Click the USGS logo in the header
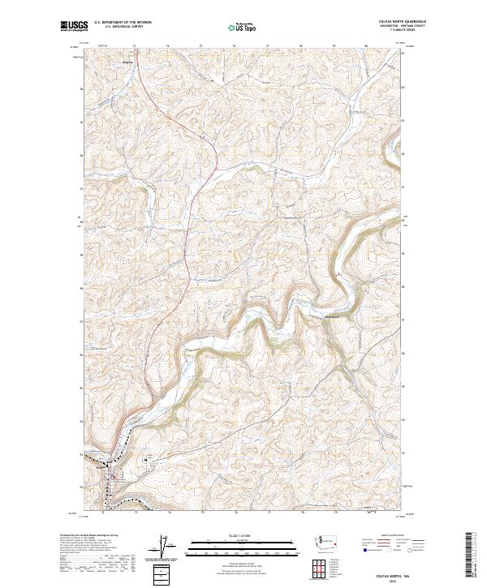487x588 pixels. pos(74,26)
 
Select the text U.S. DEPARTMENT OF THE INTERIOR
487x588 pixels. pos(123,22)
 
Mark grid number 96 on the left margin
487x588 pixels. pos(80,354)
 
